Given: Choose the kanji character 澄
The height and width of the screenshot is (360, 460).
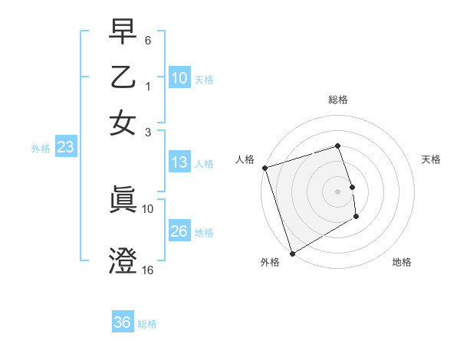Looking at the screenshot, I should [x=123, y=262].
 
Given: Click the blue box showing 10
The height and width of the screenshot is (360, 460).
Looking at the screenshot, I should [x=179, y=78].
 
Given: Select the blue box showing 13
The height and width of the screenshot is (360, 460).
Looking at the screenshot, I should [x=179, y=162].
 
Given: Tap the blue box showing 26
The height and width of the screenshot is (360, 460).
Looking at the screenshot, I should [x=179, y=231].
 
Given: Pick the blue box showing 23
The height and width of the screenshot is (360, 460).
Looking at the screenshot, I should [x=65, y=148].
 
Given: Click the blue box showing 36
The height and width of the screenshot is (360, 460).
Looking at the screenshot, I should [x=123, y=322].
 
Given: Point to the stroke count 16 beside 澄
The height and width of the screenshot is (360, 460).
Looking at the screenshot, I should [x=148, y=270].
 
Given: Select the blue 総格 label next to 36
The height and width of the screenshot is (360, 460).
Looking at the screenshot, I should [x=147, y=324].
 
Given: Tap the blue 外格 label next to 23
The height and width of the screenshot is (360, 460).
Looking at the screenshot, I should [x=41, y=149].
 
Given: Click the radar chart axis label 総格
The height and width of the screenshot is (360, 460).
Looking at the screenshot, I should [x=338, y=100].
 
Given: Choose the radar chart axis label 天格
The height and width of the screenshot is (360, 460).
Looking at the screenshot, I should [x=432, y=159].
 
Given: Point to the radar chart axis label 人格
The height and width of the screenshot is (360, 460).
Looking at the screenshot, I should [x=245, y=159].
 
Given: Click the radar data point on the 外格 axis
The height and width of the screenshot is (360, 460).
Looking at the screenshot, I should [x=291, y=254].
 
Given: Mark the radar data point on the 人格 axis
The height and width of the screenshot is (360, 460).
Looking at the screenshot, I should [x=264, y=168].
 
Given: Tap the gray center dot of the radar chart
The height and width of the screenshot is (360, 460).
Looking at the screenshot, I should [x=338, y=191].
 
